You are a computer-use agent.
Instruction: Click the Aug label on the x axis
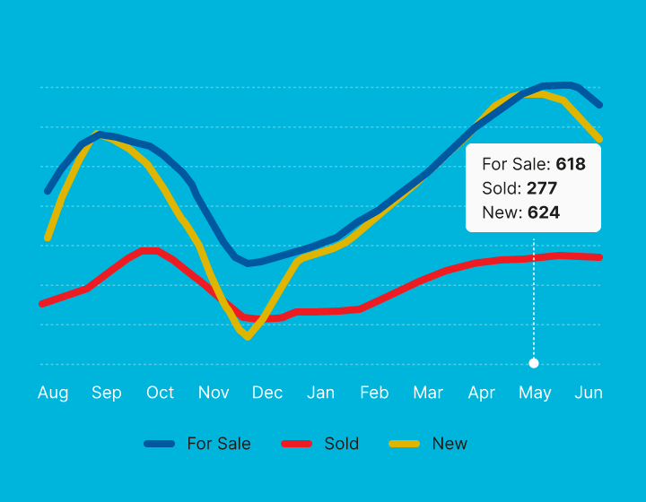pyautogui.click(x=53, y=393)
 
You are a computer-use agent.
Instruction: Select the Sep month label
pyautogui.click(x=107, y=393)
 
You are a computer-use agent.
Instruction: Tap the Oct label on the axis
pyautogui.click(x=161, y=393)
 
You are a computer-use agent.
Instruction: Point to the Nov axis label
pyautogui.click(x=214, y=393)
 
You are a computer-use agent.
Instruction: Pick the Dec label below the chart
pyautogui.click(x=267, y=393)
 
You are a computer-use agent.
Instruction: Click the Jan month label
pyautogui.click(x=321, y=393)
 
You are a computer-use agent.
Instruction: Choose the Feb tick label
pyautogui.click(x=374, y=393)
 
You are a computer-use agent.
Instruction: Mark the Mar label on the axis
pyautogui.click(x=428, y=393)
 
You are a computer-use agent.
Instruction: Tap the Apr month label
pyautogui.click(x=482, y=393)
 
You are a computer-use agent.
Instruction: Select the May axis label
pyautogui.click(x=535, y=393)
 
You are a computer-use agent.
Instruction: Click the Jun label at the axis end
pyautogui.click(x=589, y=393)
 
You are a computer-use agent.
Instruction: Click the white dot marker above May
pyautogui.click(x=534, y=363)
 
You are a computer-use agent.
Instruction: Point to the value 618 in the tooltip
pyautogui.click(x=571, y=164)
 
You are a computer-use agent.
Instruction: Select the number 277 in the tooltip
pyautogui.click(x=543, y=188)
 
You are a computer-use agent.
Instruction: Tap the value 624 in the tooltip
pyautogui.click(x=544, y=212)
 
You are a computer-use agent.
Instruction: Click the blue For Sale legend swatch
pyautogui.click(x=159, y=444)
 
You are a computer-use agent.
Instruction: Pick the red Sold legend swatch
pyautogui.click(x=296, y=444)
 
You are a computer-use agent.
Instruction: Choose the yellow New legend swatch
pyautogui.click(x=405, y=444)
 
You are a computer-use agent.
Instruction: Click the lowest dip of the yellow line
pyautogui.click(x=248, y=337)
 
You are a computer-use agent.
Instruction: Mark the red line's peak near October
pyautogui.click(x=151, y=250)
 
